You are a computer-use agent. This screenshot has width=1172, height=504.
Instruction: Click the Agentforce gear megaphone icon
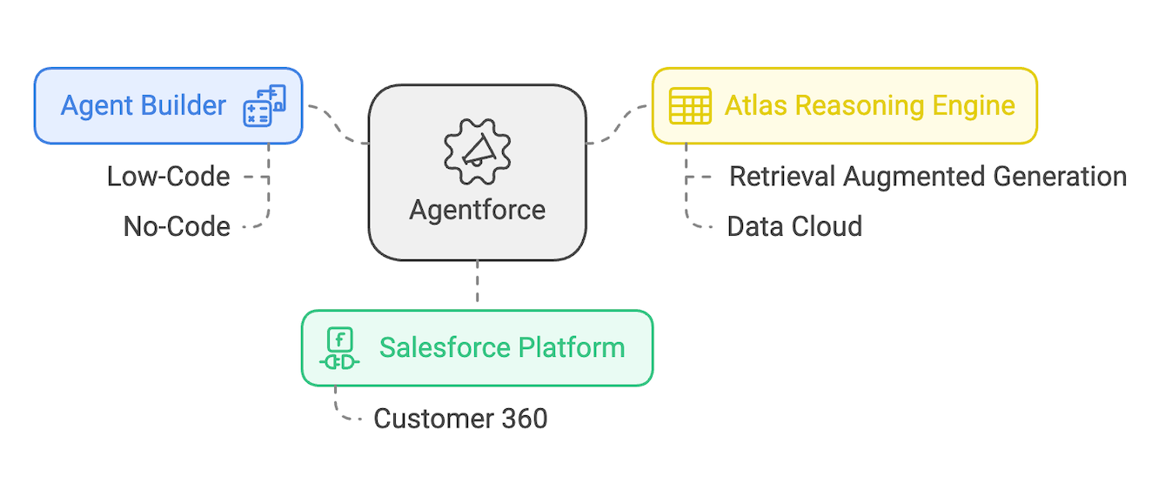[x=477, y=153]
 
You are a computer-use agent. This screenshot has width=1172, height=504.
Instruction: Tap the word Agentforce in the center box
[x=477, y=210]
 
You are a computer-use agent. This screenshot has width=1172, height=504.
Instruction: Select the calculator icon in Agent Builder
[x=264, y=106]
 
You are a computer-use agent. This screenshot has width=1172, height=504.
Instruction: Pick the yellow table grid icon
[x=690, y=106]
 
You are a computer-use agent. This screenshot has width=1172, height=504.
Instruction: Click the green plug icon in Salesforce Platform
[x=339, y=349]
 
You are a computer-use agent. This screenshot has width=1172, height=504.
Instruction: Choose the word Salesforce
[x=445, y=348]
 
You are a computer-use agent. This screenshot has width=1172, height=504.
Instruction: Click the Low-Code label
[x=169, y=177]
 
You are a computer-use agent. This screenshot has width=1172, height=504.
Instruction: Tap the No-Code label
[x=177, y=227]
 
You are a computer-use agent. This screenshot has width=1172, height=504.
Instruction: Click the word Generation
[x=1059, y=177]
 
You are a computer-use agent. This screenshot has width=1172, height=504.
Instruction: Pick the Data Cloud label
[x=794, y=227]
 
